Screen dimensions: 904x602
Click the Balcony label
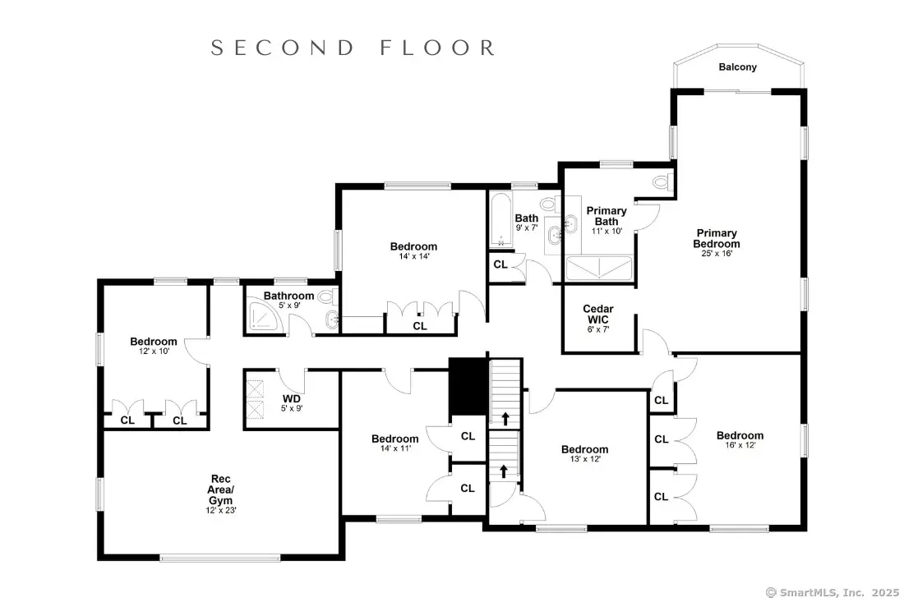click(x=737, y=67)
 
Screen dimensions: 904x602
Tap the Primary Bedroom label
click(x=717, y=238)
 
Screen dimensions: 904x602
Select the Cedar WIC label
click(x=597, y=314)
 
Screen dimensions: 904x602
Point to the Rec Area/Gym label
click(x=221, y=489)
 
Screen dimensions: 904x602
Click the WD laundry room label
click(x=292, y=398)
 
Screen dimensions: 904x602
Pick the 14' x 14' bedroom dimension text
click(x=414, y=256)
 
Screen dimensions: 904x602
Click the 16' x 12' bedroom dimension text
click(x=740, y=445)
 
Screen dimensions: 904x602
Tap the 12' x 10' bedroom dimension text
click(x=154, y=351)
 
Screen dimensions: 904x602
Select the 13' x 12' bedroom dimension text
click(x=584, y=458)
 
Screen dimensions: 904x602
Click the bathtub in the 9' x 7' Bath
click(x=500, y=220)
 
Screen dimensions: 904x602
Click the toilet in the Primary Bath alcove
click(x=663, y=182)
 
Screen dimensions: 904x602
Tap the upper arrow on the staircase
click(x=505, y=419)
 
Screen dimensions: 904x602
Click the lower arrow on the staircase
click(x=503, y=471)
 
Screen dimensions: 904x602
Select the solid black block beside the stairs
click(x=468, y=385)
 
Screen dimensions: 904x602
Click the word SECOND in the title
click(x=283, y=48)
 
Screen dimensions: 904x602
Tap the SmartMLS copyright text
click(x=832, y=592)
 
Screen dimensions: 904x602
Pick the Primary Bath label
click(x=607, y=216)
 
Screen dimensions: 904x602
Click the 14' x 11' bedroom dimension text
click(x=395, y=448)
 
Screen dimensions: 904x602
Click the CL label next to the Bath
click(x=500, y=264)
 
